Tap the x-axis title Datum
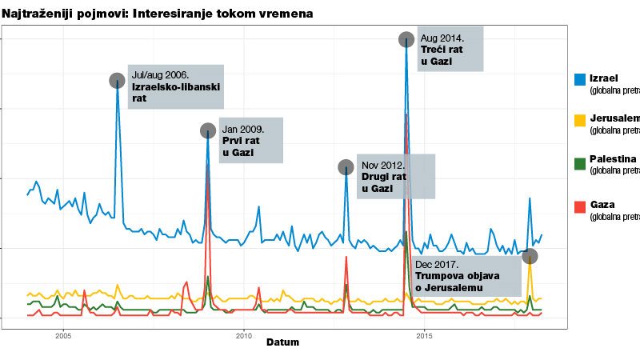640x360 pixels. [282, 342]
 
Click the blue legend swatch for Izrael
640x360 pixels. [580, 78]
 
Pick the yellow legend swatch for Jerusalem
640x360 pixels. [580, 120]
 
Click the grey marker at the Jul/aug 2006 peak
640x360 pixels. [118, 80]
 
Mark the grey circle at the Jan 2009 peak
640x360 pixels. [207, 130]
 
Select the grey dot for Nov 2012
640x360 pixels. [346, 167]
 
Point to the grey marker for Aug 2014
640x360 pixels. [406, 39]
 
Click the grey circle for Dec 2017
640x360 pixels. [530, 256]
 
